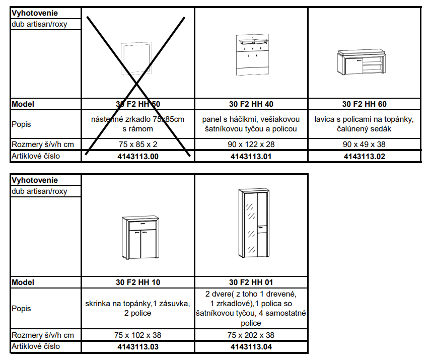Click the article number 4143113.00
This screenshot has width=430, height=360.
point(138,157)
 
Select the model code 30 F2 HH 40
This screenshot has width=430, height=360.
point(251,104)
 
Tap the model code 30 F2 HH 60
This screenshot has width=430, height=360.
point(365,104)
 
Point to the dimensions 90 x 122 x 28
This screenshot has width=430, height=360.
point(251,145)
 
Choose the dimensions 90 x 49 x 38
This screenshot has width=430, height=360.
point(365,145)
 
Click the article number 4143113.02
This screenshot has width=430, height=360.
point(365,157)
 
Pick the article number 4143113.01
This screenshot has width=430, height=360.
point(251,157)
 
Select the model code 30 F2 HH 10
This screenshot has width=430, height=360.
point(138,282)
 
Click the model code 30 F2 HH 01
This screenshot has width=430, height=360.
point(251,282)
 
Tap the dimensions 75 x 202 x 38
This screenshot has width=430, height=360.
point(251,335)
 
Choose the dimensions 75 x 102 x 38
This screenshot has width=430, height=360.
point(138,335)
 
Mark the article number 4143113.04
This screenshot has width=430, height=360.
point(251,347)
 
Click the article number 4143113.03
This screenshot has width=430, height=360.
point(138,347)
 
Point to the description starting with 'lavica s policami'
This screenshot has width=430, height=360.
point(365,124)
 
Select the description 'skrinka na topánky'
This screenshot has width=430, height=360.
point(138,308)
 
